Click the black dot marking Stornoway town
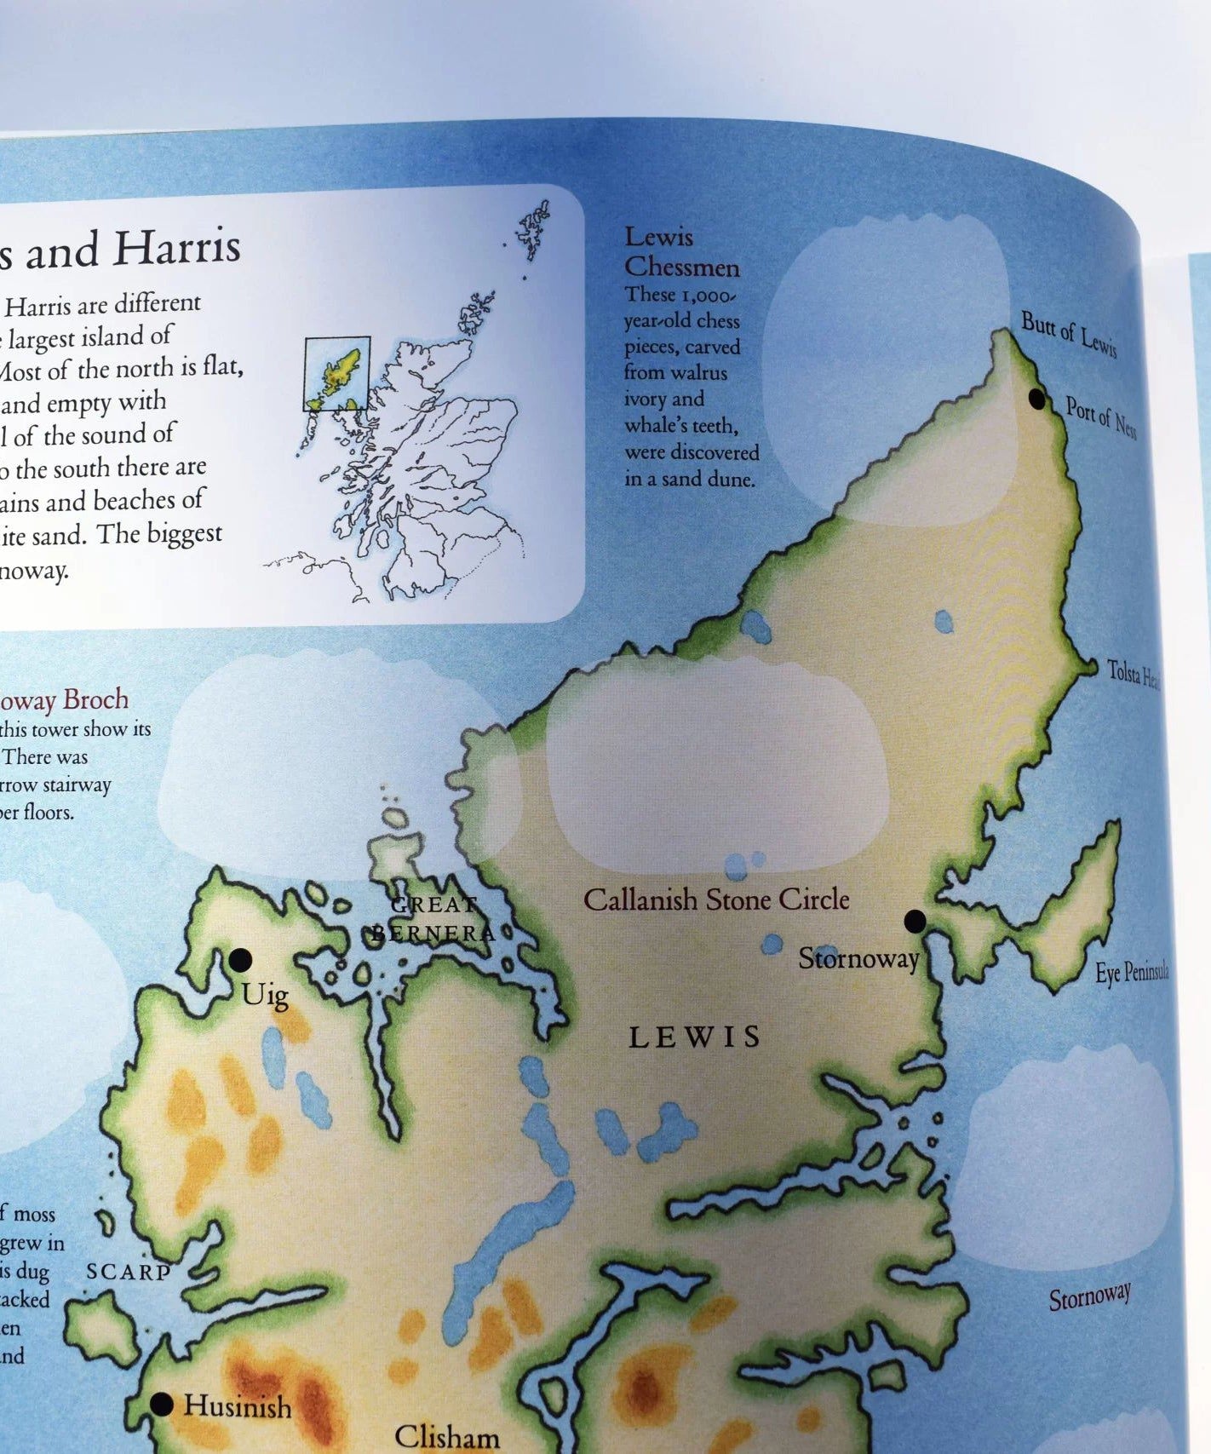pyautogui.click(x=915, y=921)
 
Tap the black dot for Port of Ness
pyautogui.click(x=1036, y=398)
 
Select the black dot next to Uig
pyautogui.click(x=240, y=960)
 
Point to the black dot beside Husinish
pyautogui.click(x=162, y=1404)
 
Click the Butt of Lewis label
pyautogui.click(x=1068, y=334)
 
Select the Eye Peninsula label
pyautogui.click(x=1131, y=973)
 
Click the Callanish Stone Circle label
pyautogui.click(x=715, y=900)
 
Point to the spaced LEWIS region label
pyautogui.click(x=695, y=1037)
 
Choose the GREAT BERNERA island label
pyautogui.click(x=433, y=919)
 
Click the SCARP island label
pyautogui.click(x=129, y=1272)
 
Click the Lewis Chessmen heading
pyautogui.click(x=680, y=252)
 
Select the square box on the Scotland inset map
pyautogui.click(x=337, y=373)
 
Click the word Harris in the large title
pyautogui.click(x=177, y=248)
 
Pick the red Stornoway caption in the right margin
pyautogui.click(x=1089, y=1297)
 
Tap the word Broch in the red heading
pyautogui.click(x=96, y=699)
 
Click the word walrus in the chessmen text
pyautogui.click(x=702, y=372)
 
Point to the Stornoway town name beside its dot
pyautogui.click(x=858, y=959)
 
